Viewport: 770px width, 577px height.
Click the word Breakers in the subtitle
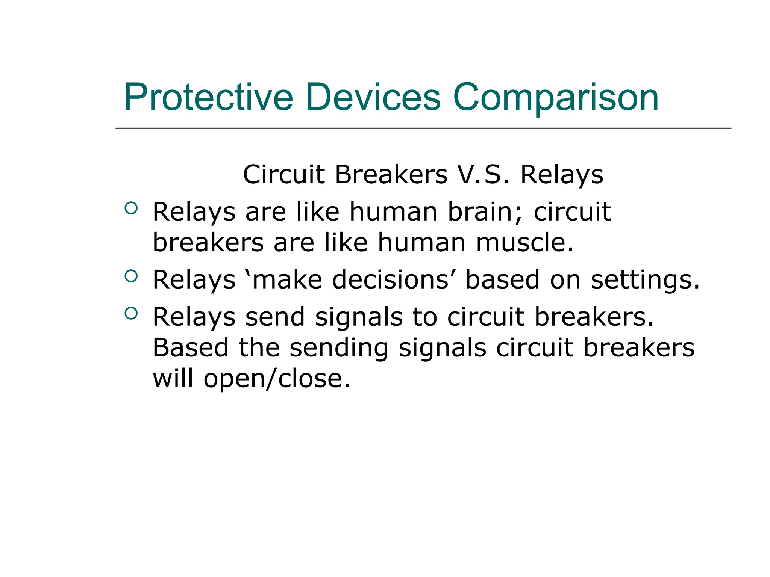(x=391, y=175)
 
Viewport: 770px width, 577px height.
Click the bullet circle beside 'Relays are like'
(x=131, y=208)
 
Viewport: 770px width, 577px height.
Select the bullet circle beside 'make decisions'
(x=131, y=276)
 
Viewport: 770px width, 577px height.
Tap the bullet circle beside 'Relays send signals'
(x=131, y=313)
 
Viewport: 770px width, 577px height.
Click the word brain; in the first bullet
(x=485, y=212)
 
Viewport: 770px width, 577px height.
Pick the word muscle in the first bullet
(x=524, y=242)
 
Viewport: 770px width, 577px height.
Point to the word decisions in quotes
(x=391, y=280)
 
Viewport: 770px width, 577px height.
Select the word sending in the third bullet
(x=339, y=348)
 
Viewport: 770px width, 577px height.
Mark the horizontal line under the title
(x=423, y=128)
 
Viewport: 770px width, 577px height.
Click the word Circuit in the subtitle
(x=283, y=175)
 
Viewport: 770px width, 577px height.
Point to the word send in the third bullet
(x=275, y=317)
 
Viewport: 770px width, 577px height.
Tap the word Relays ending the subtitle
(x=562, y=175)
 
